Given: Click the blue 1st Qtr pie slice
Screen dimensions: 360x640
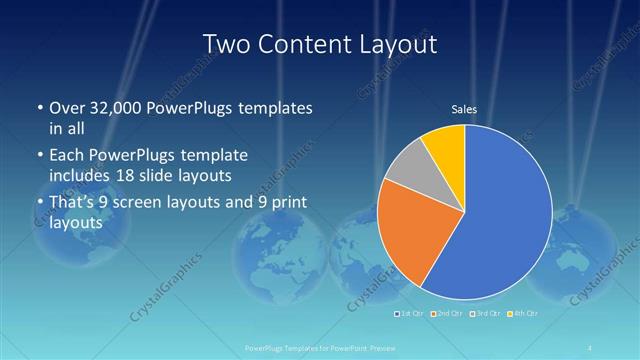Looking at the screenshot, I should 500,220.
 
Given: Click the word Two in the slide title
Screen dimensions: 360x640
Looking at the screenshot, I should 226,44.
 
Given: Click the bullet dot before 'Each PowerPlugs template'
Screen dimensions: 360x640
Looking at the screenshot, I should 39,157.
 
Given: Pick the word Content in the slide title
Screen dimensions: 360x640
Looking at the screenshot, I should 304,44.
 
